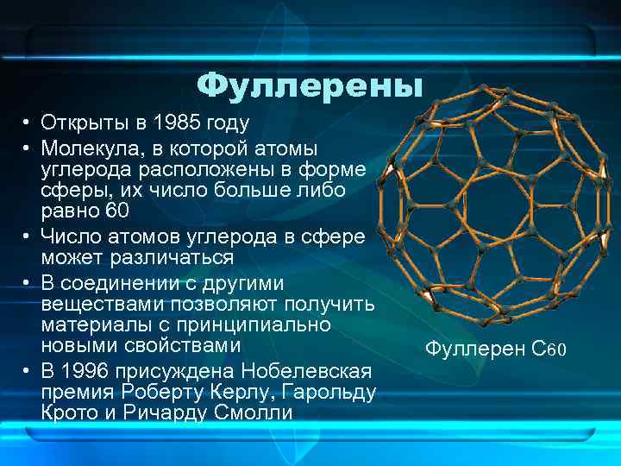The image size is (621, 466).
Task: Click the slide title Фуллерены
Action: (x=310, y=85)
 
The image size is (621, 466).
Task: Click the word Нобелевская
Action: (x=307, y=371)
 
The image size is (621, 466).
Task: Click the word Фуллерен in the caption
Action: (x=475, y=349)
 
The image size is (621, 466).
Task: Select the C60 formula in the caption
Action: (x=549, y=349)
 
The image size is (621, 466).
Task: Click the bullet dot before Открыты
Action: (x=28, y=123)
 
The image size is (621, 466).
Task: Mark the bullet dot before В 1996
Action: (x=28, y=371)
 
